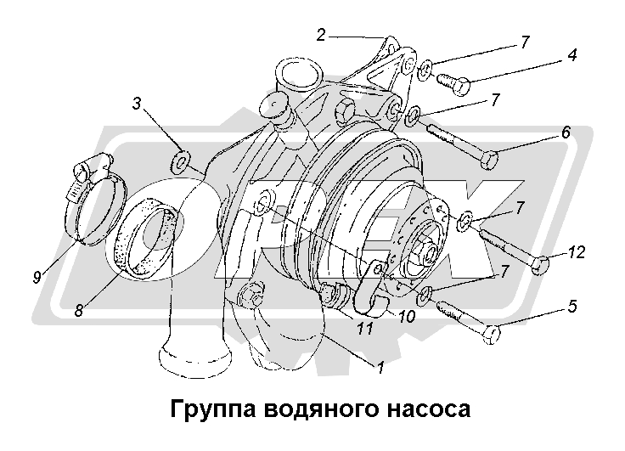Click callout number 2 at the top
pos(321,35)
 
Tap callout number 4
pos(572,54)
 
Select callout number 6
pos(566,132)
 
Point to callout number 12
pos(577,252)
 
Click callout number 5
pos(572,307)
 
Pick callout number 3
pos(137,104)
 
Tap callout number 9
pos(37,276)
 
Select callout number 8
pos(79,309)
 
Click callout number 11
pos(364,328)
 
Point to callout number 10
pos(407,316)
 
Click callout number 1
pos(380,367)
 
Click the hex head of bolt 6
pos(488,161)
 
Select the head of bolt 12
pos(540,265)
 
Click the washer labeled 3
pos(180,163)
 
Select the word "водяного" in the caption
pos(320,409)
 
